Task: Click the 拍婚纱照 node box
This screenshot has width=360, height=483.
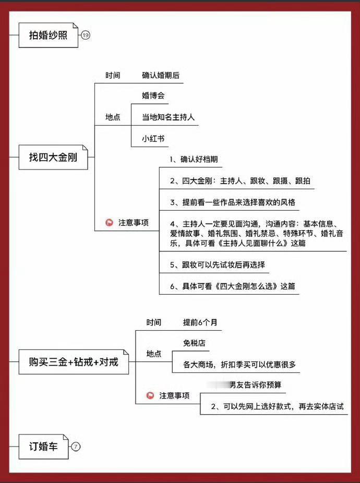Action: [x=48, y=35]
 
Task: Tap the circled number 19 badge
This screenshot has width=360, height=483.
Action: [x=86, y=35]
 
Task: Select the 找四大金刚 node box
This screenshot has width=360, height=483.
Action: [x=53, y=156]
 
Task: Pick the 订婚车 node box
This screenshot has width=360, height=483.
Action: [x=43, y=446]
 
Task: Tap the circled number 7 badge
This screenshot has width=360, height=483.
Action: [x=76, y=446]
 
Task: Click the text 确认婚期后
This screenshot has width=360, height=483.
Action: [x=161, y=75]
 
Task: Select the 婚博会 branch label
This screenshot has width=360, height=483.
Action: [x=153, y=96]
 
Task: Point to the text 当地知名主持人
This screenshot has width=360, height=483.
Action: [x=168, y=117]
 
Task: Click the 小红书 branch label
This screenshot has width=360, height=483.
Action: [x=153, y=139]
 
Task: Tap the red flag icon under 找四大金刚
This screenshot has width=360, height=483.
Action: [x=110, y=223]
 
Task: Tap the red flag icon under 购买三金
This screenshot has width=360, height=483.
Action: [x=150, y=396]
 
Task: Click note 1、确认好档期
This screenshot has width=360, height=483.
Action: [x=194, y=160]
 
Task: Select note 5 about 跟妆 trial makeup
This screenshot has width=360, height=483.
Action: [x=217, y=265]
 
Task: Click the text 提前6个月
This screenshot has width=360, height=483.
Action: [x=200, y=322]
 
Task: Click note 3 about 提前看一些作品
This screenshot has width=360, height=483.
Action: [x=234, y=202]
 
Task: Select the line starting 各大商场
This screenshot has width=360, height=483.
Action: [x=239, y=365]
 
